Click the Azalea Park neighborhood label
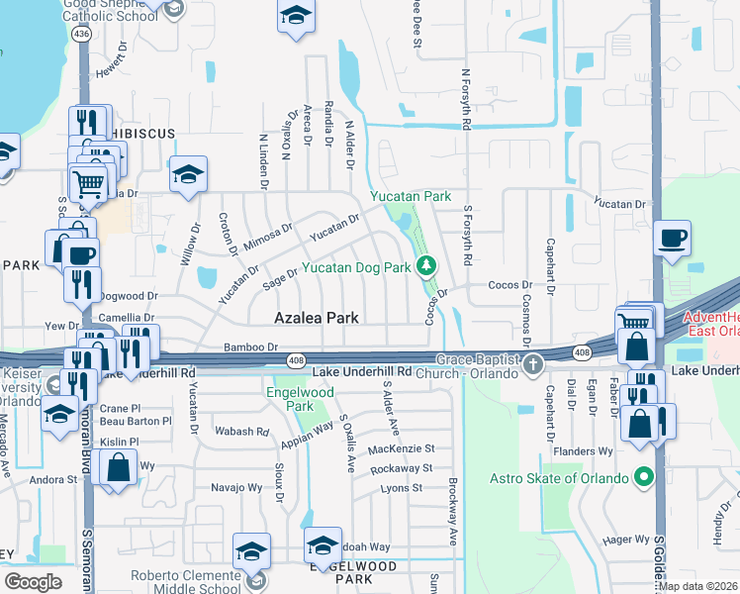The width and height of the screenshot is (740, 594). pos(317,318)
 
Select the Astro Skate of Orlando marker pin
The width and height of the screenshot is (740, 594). pos(645,479)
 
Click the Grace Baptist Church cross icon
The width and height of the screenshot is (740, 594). pos(533,365)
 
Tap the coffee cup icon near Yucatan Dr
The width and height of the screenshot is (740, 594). pos(673,239)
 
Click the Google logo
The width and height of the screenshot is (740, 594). pos(33,581)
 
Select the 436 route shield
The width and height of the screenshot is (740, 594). pos(82,34)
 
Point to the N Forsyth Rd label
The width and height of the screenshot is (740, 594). pos(463,98)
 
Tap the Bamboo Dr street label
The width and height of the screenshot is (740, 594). pos(251,346)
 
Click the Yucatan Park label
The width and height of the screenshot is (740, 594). pos(411,197)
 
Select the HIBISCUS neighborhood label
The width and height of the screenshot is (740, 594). pos(142,133)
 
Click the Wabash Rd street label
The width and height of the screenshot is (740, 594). pos(243,432)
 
